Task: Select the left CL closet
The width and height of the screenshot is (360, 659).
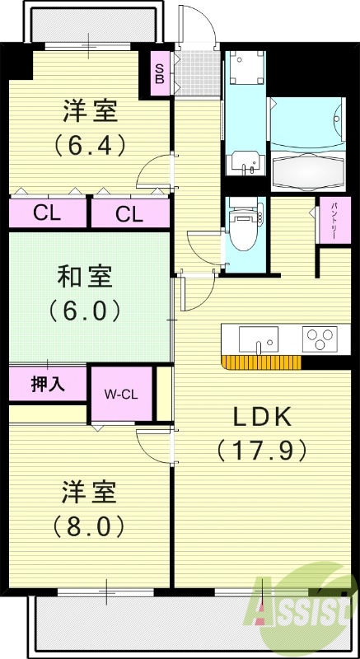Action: tap(47, 214)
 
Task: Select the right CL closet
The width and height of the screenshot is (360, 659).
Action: tap(129, 214)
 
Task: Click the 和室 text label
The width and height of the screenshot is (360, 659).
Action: tap(90, 275)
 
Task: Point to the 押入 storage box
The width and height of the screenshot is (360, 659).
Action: tap(47, 383)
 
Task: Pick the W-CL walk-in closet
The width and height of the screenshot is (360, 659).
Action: tap(120, 395)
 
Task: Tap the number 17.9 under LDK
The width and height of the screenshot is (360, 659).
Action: tap(261, 450)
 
